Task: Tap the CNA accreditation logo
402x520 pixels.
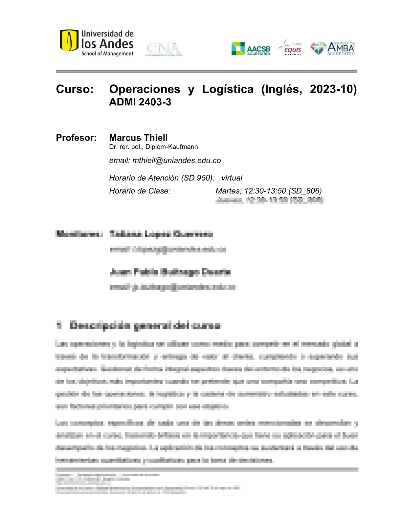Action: pyautogui.click(x=164, y=49)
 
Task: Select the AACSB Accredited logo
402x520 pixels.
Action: pyautogui.click(x=251, y=49)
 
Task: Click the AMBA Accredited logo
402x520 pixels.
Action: pyautogui.click(x=333, y=48)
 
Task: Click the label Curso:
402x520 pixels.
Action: pyautogui.click(x=75, y=89)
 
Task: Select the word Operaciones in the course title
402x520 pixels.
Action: pyautogui.click(x=145, y=89)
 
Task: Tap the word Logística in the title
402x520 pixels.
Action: pyautogui.click(x=228, y=89)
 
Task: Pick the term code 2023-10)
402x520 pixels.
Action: pyautogui.click(x=333, y=89)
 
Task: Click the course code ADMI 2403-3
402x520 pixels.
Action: pyautogui.click(x=140, y=102)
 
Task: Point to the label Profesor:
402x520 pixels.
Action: pyautogui.click(x=76, y=138)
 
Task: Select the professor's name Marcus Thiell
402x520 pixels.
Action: pyautogui.click(x=138, y=138)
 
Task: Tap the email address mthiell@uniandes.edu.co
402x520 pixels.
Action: pyautogui.click(x=176, y=161)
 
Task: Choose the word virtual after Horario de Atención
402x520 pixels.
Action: pyautogui.click(x=232, y=178)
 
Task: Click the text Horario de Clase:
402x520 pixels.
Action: pyautogui.click(x=140, y=191)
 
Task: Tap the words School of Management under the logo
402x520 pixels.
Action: pyautogui.click(x=107, y=54)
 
